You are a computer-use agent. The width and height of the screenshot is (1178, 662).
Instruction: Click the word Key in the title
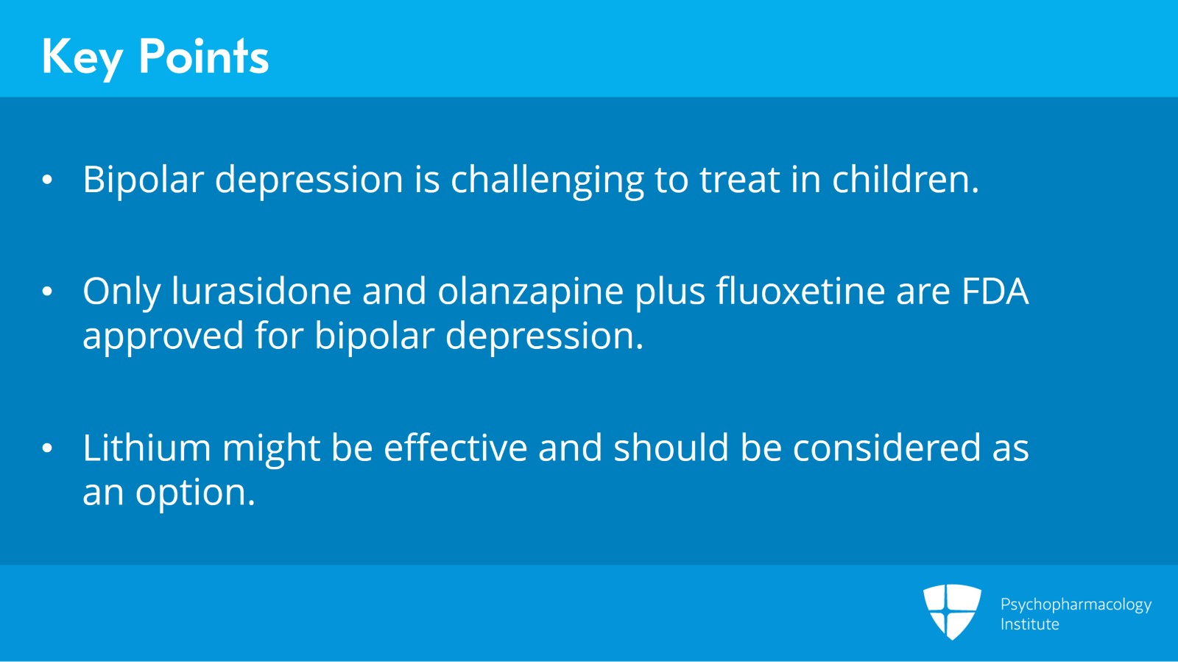pos(81,57)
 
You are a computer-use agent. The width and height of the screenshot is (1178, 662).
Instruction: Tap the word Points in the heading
pos(204,56)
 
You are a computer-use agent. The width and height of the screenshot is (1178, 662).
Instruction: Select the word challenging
pos(547,180)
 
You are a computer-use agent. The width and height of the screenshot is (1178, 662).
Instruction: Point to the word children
pos(905,180)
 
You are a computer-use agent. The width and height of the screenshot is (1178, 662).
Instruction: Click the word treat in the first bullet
pos(739,180)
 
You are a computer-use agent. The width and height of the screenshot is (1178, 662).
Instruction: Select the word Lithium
pos(147,448)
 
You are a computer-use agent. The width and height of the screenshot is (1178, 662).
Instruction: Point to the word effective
pos(456,448)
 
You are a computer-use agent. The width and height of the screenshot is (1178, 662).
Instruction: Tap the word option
pos(195,493)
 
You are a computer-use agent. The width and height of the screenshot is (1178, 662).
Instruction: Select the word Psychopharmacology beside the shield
pos(1076,605)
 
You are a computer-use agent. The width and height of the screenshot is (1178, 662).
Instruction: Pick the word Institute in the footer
pos(1029,624)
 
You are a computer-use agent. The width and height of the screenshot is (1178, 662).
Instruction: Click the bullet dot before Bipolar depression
pos(48,180)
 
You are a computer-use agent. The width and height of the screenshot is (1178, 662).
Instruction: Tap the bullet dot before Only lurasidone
pos(48,292)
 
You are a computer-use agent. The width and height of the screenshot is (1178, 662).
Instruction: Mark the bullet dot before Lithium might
pos(48,448)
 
